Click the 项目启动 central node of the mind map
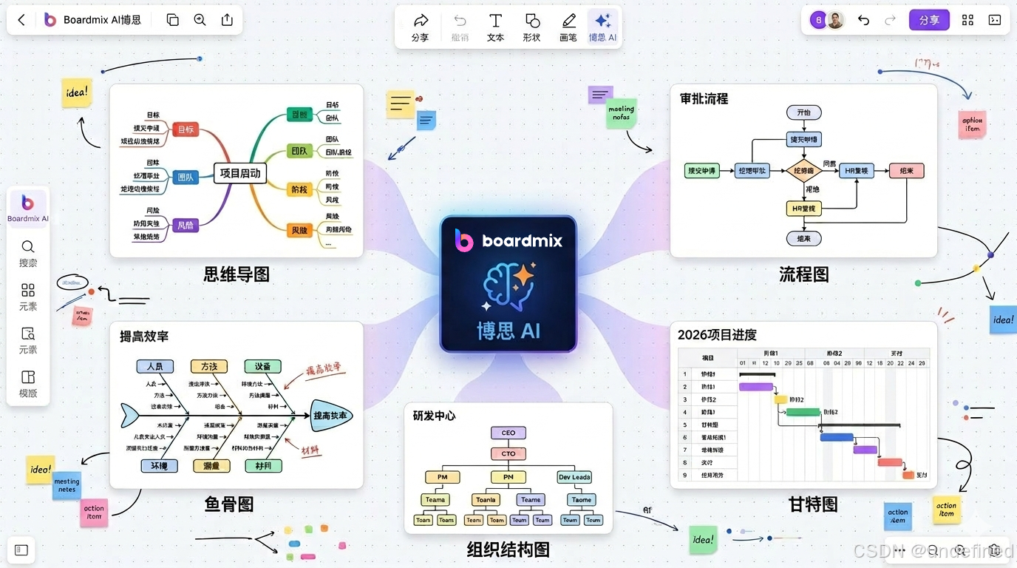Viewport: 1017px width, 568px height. pyautogui.click(x=240, y=174)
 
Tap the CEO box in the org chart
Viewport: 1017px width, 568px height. pyautogui.click(x=508, y=433)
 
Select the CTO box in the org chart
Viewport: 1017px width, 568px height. pyautogui.click(x=508, y=453)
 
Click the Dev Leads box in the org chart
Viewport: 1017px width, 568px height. pyautogui.click(x=574, y=477)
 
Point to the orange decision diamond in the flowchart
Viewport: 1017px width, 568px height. pyautogui.click(x=803, y=171)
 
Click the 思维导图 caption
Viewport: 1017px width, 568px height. pyautogui.click(x=237, y=275)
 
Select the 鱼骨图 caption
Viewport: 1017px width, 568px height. pyautogui.click(x=229, y=504)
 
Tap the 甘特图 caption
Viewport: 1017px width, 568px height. pyautogui.click(x=813, y=504)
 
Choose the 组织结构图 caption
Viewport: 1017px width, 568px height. pyautogui.click(x=508, y=550)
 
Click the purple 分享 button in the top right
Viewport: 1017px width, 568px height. pyautogui.click(x=929, y=20)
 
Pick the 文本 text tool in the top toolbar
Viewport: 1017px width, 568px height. pyautogui.click(x=495, y=27)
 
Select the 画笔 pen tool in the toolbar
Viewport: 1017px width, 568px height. pyautogui.click(x=568, y=27)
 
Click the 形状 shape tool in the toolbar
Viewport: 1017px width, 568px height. pyautogui.click(x=531, y=27)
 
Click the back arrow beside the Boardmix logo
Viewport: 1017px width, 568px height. pyautogui.click(x=21, y=20)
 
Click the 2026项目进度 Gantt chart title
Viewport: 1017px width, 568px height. pyautogui.click(x=717, y=335)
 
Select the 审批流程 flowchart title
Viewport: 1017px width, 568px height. pyautogui.click(x=704, y=98)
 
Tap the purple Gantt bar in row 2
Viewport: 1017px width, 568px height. pyautogui.click(x=756, y=387)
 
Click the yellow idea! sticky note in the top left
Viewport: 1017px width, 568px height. pyautogui.click(x=76, y=93)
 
